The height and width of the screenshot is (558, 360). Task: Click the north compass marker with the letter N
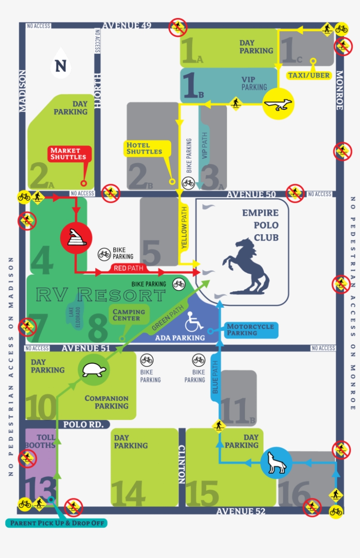[x=61, y=66]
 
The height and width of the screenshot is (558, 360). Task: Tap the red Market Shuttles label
[x=71, y=154]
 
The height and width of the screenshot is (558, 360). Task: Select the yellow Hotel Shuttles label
[x=144, y=149]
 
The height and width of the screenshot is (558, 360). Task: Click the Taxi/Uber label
[x=309, y=76]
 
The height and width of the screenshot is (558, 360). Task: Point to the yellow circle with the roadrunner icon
[x=278, y=104]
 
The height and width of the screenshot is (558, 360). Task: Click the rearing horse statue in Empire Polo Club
[x=246, y=266]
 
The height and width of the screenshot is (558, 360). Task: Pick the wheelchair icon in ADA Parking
[x=194, y=322]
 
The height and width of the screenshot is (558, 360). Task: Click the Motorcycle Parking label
[x=250, y=330]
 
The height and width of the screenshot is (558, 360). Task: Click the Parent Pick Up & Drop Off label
[x=57, y=523]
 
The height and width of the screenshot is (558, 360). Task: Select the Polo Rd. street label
[x=83, y=424]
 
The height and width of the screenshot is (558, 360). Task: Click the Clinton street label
[x=182, y=464]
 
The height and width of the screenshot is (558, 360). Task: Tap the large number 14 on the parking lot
[x=129, y=493]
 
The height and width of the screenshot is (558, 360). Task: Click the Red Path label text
[x=128, y=268]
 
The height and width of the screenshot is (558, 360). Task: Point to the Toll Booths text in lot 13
[x=46, y=441]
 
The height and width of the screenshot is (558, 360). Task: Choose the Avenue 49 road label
[x=127, y=25]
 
